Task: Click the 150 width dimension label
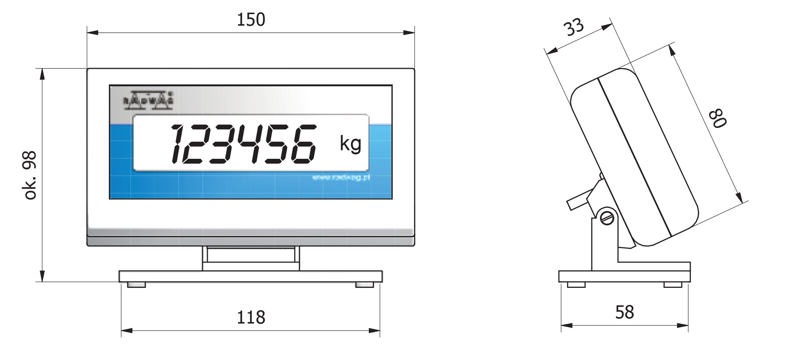251,20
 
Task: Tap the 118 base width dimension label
251,317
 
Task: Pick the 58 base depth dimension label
624,312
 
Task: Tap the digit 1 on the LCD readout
177,144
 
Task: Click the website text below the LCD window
341,178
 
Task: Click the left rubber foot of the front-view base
136,285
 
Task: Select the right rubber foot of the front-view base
364,285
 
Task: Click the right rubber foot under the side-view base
673,285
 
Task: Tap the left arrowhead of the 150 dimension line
92,33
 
